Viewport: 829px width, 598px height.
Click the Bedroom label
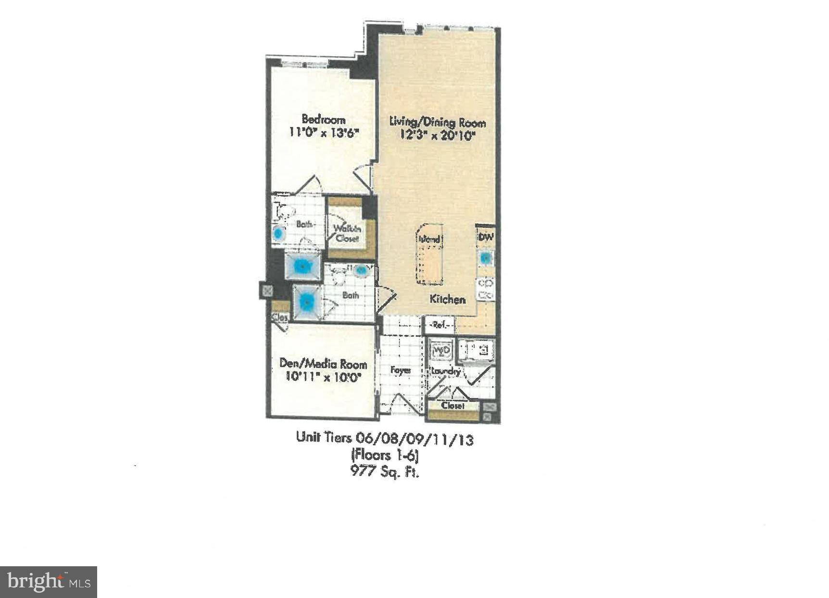(323, 119)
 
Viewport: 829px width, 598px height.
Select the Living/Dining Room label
(437, 122)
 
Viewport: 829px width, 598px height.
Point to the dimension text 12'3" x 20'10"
(437, 136)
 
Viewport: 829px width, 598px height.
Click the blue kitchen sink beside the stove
(486, 258)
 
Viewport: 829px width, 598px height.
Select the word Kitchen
(447, 299)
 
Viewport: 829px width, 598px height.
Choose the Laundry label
(446, 371)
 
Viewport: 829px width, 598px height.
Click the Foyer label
(400, 370)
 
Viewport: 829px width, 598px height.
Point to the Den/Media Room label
(323, 364)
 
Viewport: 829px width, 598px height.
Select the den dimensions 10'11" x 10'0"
(323, 377)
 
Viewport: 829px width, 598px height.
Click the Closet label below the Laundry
(453, 406)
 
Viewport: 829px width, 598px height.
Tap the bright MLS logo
(49, 582)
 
